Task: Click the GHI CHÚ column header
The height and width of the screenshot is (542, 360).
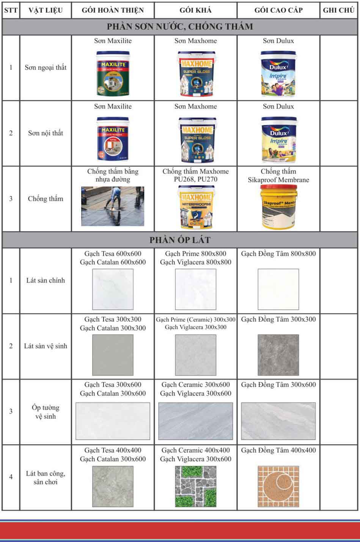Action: [338, 10]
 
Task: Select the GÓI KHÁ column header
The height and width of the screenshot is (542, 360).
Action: [196, 10]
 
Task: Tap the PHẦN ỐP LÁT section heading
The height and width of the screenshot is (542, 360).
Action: [180, 240]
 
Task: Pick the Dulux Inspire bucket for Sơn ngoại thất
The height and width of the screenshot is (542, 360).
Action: [278, 74]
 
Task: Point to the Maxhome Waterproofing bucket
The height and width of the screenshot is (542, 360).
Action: [196, 207]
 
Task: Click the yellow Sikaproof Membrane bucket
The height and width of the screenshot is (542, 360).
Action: [278, 207]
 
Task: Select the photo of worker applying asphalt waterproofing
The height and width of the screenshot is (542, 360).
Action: [113, 206]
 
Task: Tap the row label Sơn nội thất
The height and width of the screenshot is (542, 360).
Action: [46, 133]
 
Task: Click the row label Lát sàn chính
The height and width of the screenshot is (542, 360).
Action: [46, 280]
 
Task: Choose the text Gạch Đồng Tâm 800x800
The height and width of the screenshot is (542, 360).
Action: [278, 254]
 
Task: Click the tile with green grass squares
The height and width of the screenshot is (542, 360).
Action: [196, 487]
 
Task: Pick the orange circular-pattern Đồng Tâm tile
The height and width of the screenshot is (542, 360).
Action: [278, 487]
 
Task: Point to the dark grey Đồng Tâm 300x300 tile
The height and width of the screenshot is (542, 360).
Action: [278, 355]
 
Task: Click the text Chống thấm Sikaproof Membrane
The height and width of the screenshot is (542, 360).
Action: [278, 176]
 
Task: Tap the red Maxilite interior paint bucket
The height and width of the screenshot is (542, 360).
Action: [113, 139]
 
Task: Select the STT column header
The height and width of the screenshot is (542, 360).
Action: [11, 10]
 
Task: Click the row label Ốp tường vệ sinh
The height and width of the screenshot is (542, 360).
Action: [46, 412]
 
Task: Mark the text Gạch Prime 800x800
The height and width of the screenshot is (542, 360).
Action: [196, 254]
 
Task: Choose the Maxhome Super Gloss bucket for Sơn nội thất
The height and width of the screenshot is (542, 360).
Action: [196, 139]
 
